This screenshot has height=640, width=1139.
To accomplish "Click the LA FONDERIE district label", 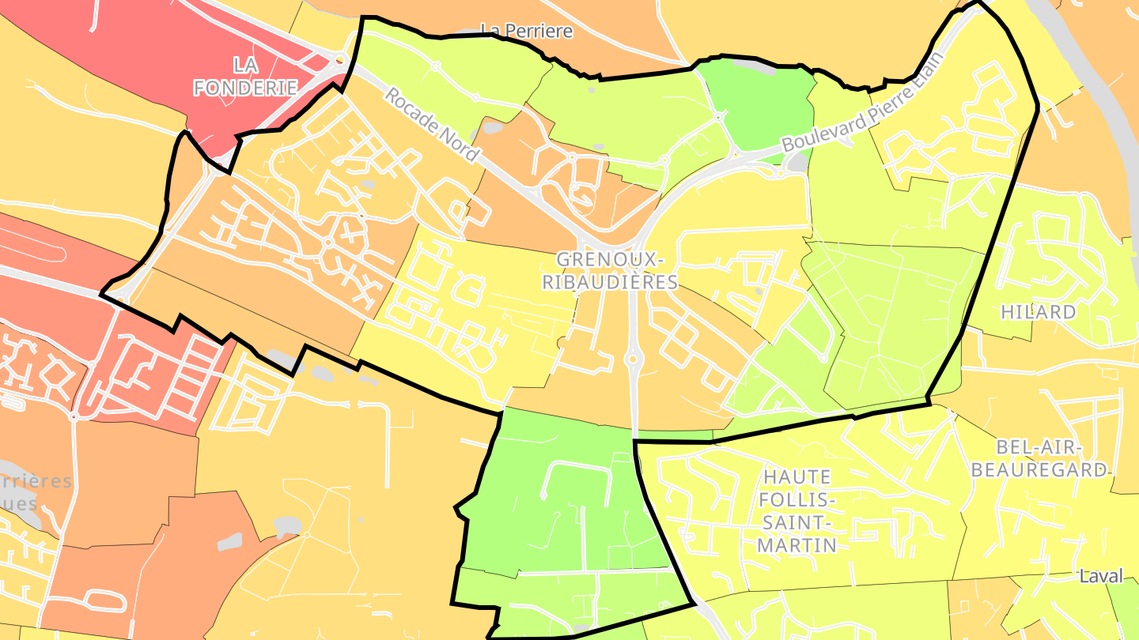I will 246,75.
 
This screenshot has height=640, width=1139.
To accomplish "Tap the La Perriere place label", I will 526,32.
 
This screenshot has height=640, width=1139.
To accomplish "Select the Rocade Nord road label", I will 433,125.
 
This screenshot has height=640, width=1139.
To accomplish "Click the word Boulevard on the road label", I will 818,135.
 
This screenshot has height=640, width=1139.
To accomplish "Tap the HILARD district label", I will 1038,312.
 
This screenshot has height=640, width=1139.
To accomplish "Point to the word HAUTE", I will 797,477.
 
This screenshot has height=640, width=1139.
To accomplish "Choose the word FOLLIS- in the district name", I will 797,500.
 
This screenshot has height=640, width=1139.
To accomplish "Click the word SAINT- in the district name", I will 797,522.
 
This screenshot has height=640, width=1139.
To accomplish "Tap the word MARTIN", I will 797,545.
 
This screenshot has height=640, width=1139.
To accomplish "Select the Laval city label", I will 1100,577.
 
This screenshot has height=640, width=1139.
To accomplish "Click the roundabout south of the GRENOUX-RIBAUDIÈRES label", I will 632,360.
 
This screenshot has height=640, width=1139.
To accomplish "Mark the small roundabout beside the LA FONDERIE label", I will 340,58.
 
